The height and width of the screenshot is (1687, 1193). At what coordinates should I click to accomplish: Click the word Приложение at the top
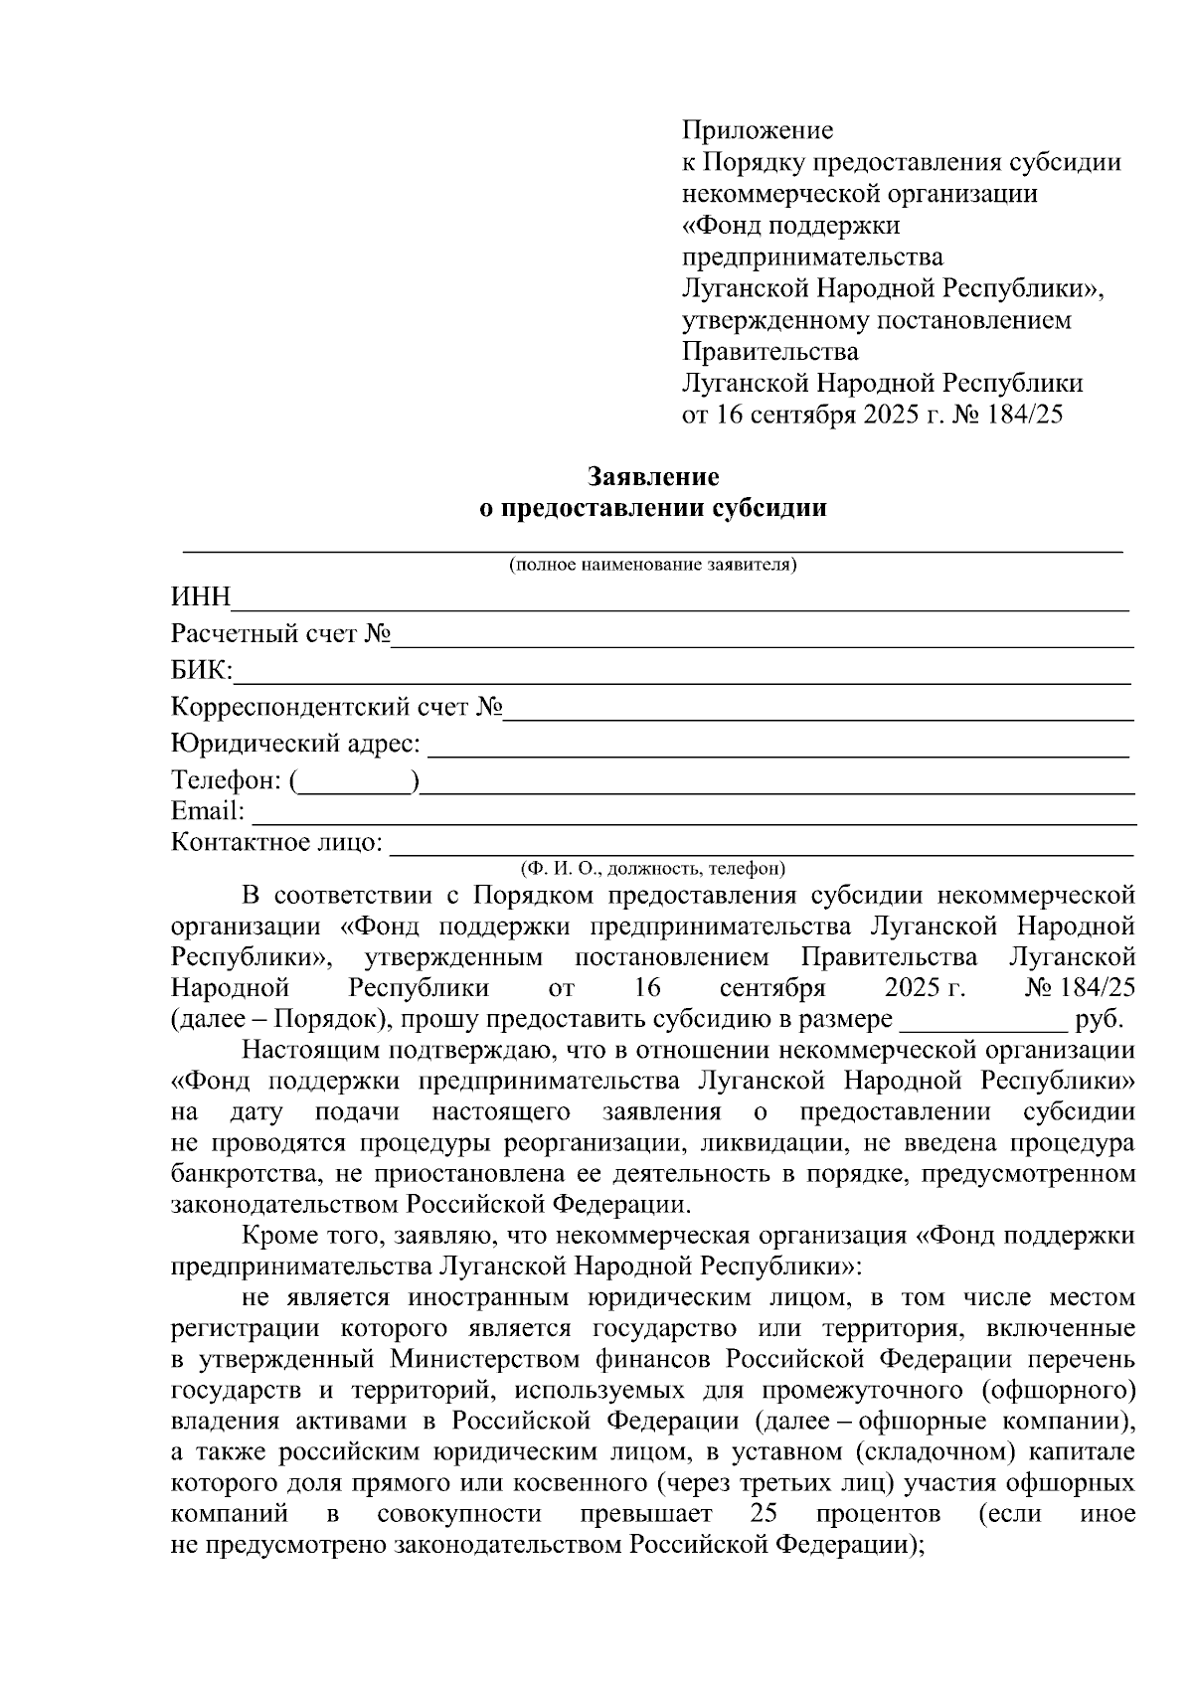pyautogui.click(x=757, y=130)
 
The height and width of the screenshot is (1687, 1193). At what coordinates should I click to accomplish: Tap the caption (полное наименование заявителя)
pyautogui.click(x=653, y=566)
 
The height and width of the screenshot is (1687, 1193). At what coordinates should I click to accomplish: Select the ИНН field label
pyautogui.click(x=201, y=597)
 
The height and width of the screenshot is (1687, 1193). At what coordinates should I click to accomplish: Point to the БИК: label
pyautogui.click(x=202, y=671)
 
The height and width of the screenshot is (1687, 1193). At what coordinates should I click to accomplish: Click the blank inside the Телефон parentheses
pyautogui.click(x=356, y=782)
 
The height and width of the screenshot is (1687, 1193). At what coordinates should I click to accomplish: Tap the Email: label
pyautogui.click(x=208, y=811)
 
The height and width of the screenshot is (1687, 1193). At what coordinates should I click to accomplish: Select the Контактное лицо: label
pyautogui.click(x=277, y=843)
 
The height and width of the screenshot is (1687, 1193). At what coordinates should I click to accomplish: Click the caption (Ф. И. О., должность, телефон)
pyautogui.click(x=653, y=869)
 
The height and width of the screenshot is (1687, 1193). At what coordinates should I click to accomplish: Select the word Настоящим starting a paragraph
pyautogui.click(x=309, y=1050)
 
